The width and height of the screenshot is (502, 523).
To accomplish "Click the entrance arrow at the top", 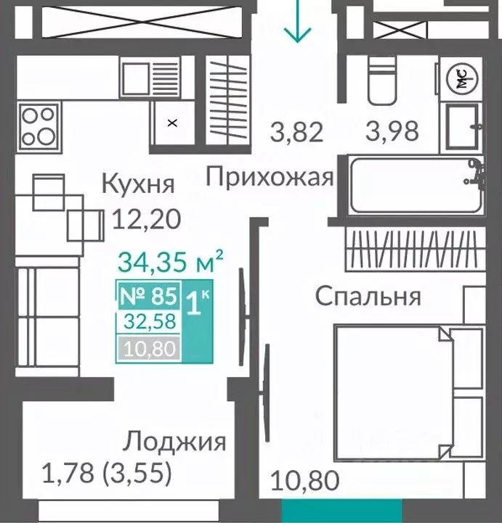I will click(298, 22).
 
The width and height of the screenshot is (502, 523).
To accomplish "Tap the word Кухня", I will click(138, 184).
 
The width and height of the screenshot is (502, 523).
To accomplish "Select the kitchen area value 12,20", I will click(145, 218).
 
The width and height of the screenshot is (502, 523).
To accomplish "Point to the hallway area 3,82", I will click(296, 133).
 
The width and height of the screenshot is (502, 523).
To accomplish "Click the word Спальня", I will click(368, 296).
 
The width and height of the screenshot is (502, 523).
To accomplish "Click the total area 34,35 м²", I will click(170, 261).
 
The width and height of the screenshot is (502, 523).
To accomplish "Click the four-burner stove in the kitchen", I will click(39, 125).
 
